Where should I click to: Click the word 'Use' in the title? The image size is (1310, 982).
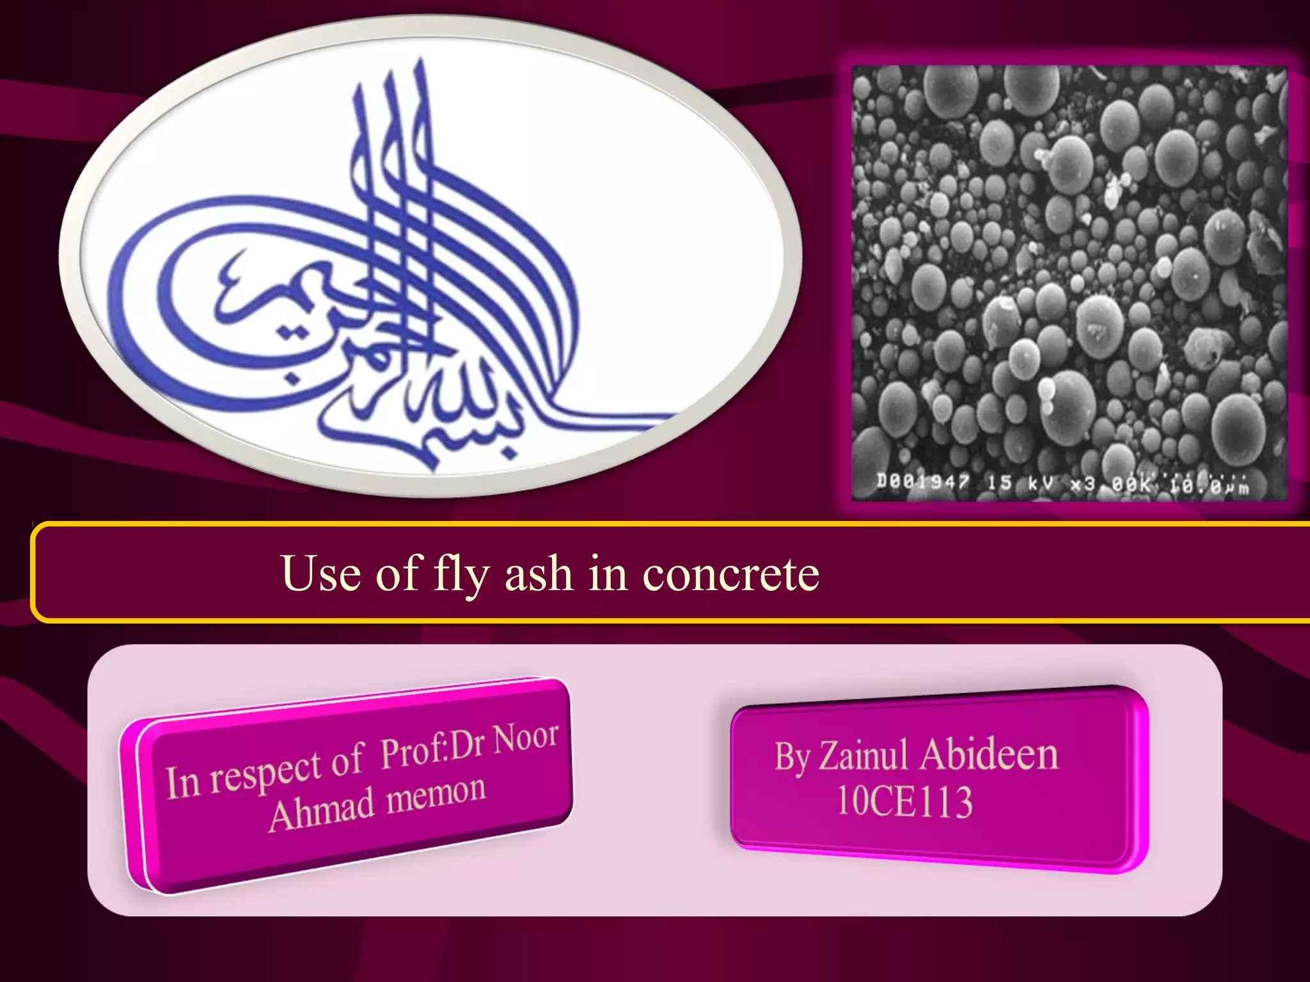point(320,573)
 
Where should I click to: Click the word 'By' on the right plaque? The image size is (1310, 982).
point(793,758)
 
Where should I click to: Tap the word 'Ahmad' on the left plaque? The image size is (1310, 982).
point(321,811)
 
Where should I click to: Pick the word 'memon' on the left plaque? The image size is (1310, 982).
point(436,795)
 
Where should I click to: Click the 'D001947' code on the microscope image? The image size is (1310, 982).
point(922,481)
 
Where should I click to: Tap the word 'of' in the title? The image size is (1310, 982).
point(397,573)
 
